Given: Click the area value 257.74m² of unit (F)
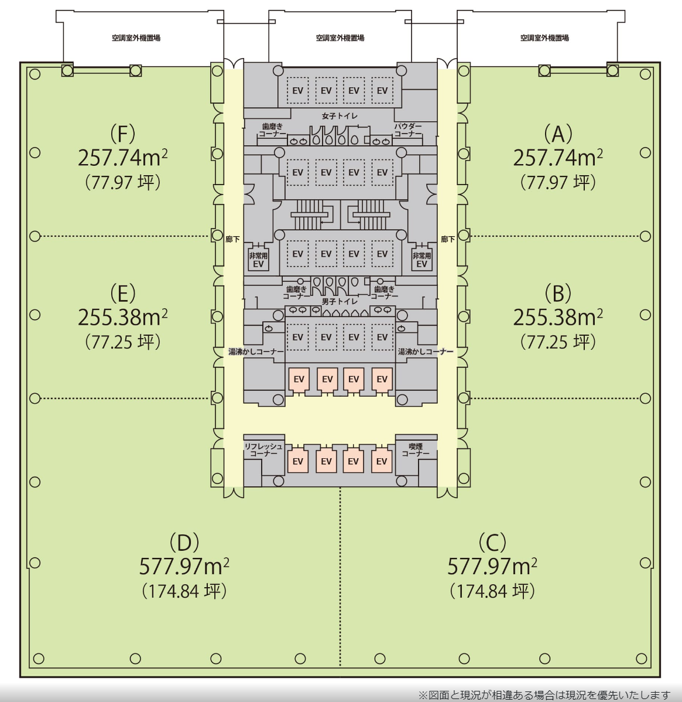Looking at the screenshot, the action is (x=122, y=158).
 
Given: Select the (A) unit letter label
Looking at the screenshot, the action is (x=558, y=134).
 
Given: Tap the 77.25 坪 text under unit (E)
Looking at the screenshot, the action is (x=122, y=342).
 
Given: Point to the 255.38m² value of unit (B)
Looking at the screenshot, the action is (x=558, y=317).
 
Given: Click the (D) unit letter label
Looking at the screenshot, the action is (x=184, y=543).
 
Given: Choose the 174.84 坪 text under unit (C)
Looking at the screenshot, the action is (x=492, y=591).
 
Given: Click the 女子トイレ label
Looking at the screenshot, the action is (x=340, y=116).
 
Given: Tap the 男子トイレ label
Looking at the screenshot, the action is (x=340, y=301).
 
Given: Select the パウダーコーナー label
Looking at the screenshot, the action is (x=408, y=130).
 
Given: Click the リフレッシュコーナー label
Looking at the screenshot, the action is (x=263, y=450).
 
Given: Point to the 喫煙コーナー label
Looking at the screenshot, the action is (x=416, y=450).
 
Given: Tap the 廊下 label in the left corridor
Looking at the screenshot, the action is (x=232, y=240).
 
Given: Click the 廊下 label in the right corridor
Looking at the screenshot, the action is (x=448, y=240).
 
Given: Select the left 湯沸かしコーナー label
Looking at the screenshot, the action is (x=256, y=352).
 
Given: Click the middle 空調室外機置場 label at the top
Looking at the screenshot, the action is (x=340, y=38).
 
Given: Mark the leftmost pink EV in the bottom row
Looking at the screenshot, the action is (x=298, y=461).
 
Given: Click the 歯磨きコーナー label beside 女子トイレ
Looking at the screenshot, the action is (x=272, y=130).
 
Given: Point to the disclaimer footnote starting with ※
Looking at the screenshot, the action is (x=544, y=696).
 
